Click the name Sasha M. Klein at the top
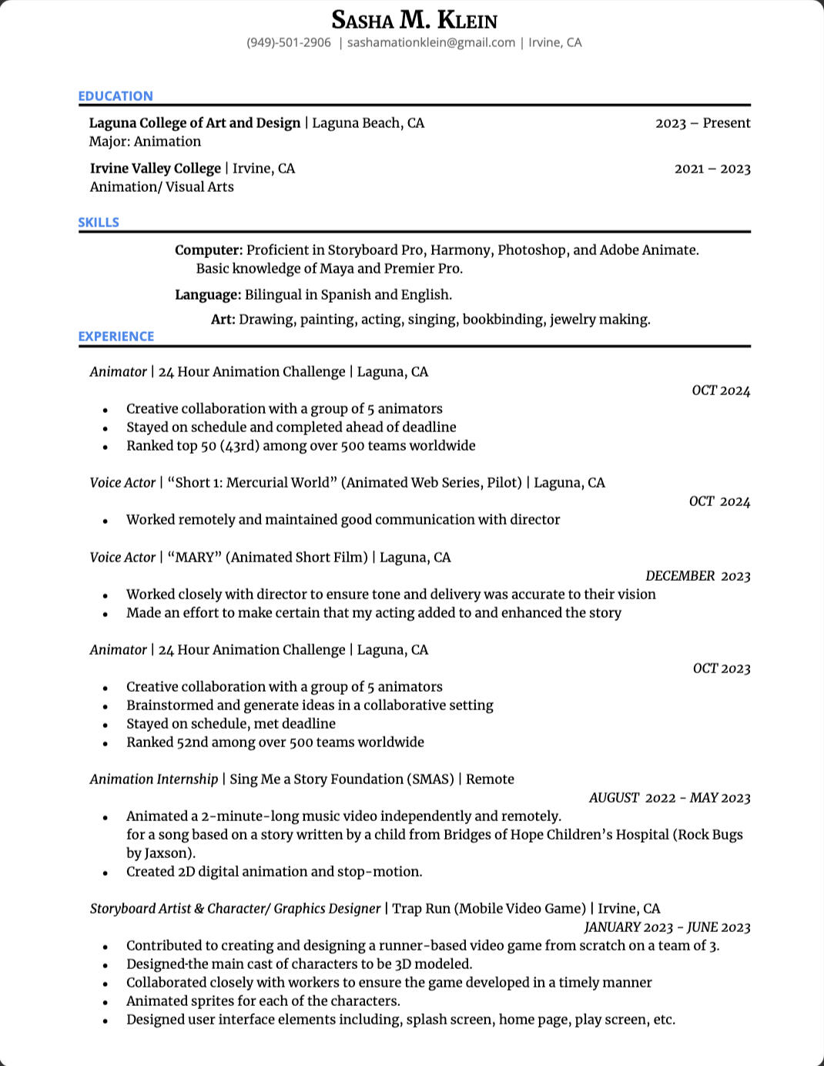pos(414,20)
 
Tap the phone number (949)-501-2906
pos(289,42)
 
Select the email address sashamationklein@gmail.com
pos(430,42)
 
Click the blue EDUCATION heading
pos(116,96)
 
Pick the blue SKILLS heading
pos(99,223)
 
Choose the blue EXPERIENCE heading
pos(116,337)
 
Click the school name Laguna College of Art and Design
pos(195,123)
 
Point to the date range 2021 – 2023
pos(712,169)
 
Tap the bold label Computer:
pos(209,250)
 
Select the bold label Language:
pos(208,295)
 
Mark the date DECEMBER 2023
pos(698,576)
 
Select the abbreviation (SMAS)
pos(431,779)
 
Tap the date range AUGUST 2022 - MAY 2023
pos(669,798)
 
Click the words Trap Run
pos(421,909)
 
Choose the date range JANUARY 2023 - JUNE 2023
pos(667,927)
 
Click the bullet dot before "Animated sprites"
pos(106,1002)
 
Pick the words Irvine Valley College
pos(156,169)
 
